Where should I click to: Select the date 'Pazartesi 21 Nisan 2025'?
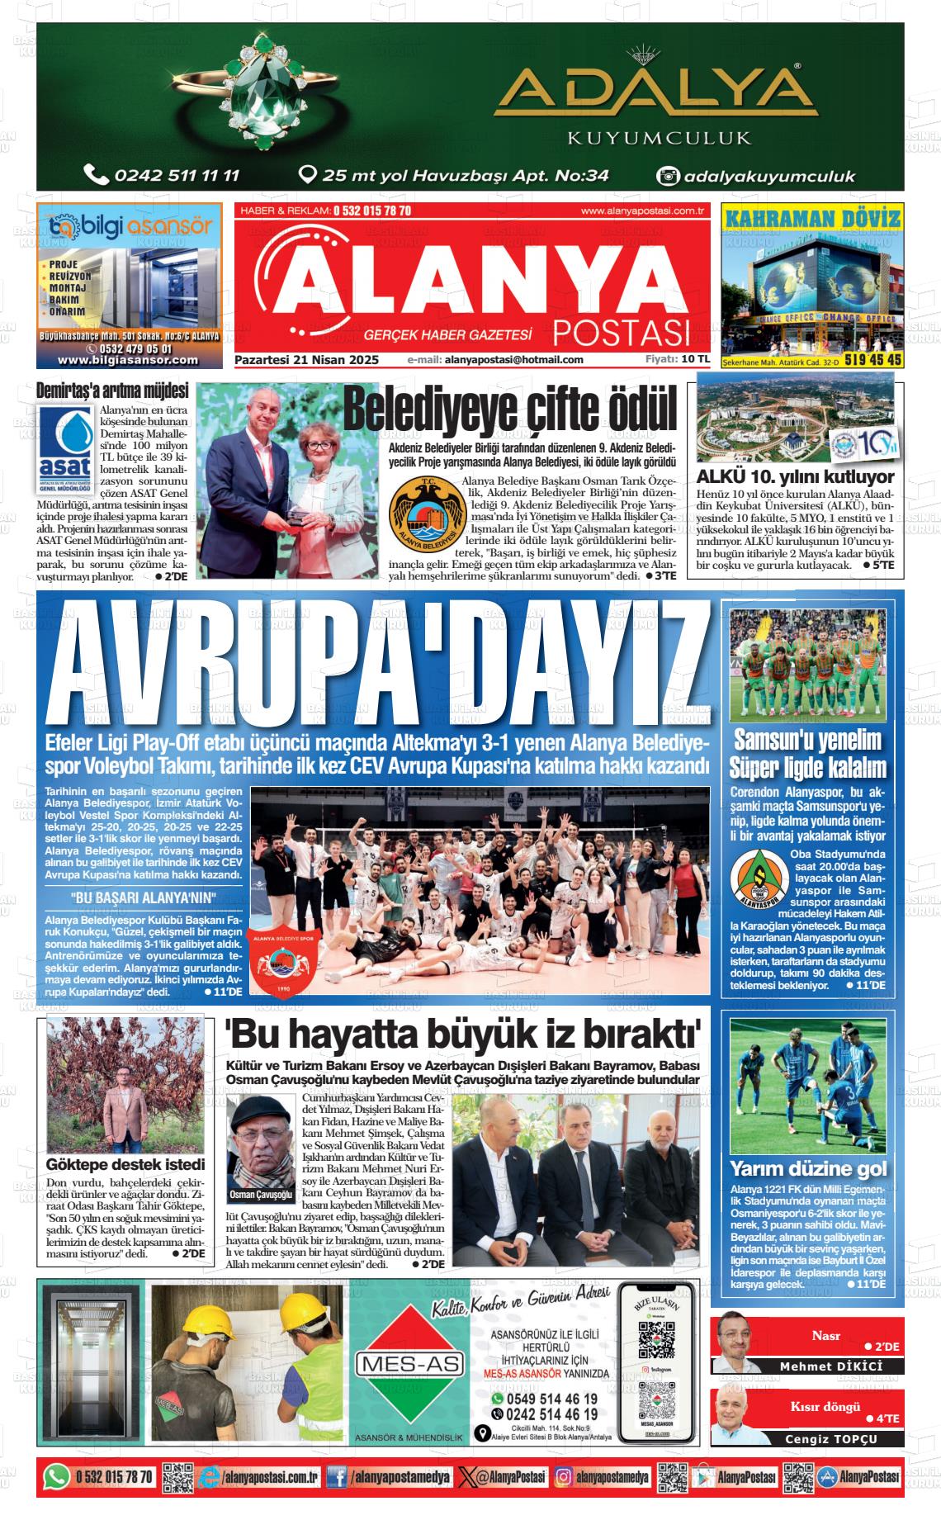(306, 360)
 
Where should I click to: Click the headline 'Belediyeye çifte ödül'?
(510, 408)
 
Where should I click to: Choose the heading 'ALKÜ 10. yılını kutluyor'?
(795, 477)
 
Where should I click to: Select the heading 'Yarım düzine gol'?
(808, 1168)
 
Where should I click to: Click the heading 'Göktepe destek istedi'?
(125, 1165)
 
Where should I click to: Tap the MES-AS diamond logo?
(409, 1363)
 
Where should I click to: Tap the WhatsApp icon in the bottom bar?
(56, 1476)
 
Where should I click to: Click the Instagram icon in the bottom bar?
(564, 1476)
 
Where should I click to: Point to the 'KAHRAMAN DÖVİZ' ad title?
(811, 220)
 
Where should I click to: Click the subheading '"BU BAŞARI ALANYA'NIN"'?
(144, 898)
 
